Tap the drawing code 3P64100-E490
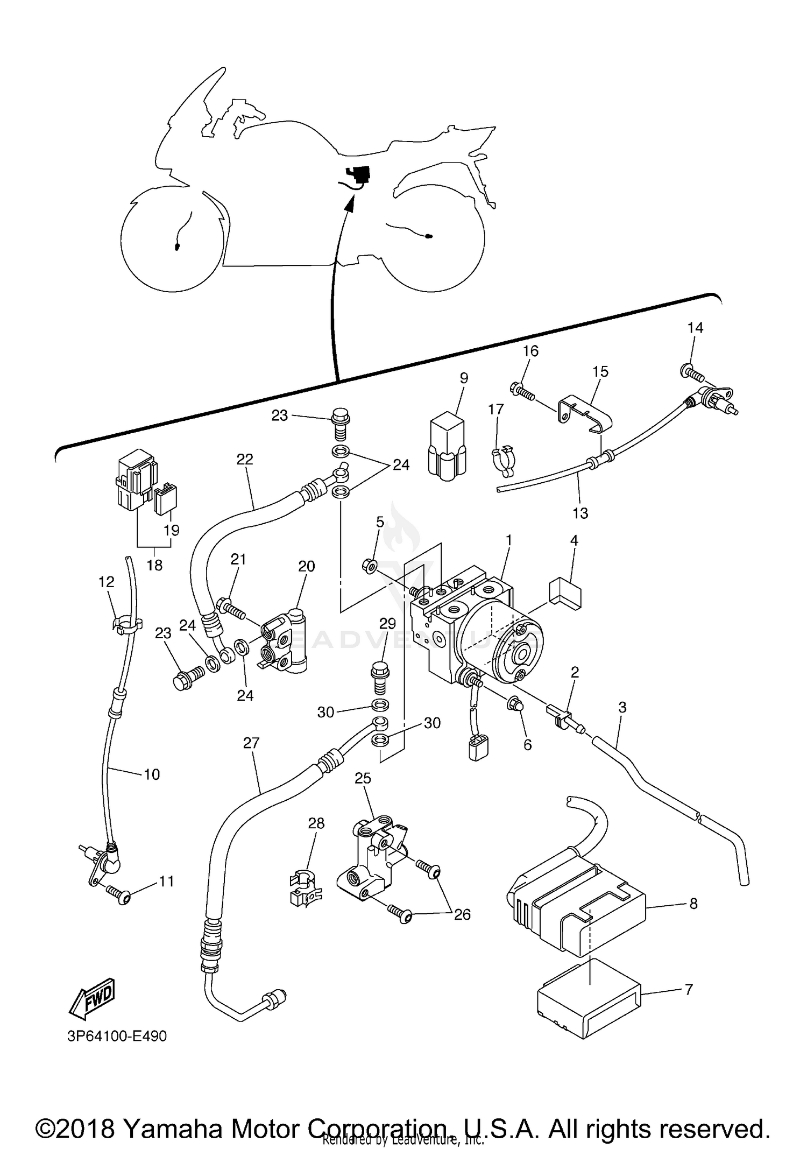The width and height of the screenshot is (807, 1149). click(117, 1036)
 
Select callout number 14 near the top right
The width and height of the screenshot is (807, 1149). click(695, 328)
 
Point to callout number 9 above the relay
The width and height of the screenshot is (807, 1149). click(464, 378)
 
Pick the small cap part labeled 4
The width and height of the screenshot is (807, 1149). click(565, 594)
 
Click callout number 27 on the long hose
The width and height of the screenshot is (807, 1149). click(251, 743)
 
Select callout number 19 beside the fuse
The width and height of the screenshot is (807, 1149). click(171, 530)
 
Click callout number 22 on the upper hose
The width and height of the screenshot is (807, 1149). click(245, 459)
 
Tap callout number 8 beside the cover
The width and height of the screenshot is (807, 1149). click(693, 904)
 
